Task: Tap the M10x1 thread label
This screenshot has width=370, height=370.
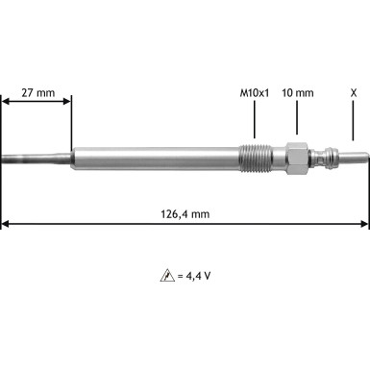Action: [x=255, y=93]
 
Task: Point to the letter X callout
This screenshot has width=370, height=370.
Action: [x=355, y=93]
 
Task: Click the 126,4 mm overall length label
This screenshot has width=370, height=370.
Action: [x=185, y=213]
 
